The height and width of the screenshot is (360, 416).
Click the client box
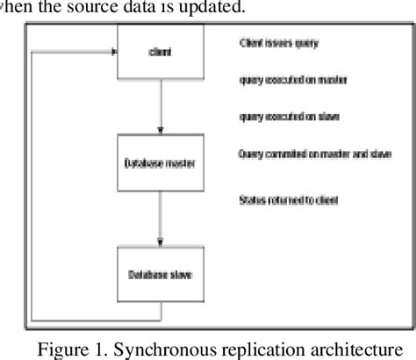[x=161, y=53]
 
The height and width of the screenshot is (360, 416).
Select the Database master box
[x=161, y=163]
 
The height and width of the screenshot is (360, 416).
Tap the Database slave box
[x=161, y=275]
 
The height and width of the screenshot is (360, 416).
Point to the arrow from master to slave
[x=161, y=220]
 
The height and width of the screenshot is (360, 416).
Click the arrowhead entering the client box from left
[x=111, y=53]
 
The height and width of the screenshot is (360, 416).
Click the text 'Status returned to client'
[x=288, y=200]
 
